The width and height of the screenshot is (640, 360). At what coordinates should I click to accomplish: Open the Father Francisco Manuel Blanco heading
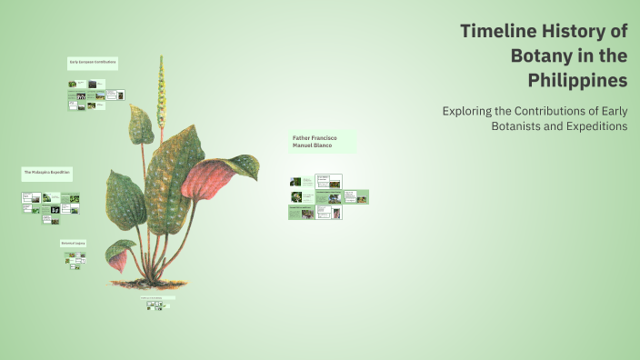tap(313, 142)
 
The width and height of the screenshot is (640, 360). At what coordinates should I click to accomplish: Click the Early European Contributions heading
tap(92, 62)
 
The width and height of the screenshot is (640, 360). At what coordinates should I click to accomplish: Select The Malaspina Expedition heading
tap(46, 171)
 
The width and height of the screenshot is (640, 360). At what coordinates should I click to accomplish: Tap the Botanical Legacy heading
tap(73, 244)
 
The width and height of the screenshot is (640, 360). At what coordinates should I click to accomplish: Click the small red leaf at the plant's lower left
tap(117, 262)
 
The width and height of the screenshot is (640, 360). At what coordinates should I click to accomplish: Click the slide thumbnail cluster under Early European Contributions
tap(95, 95)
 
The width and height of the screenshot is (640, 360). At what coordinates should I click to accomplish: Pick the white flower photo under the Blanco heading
tap(296, 196)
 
